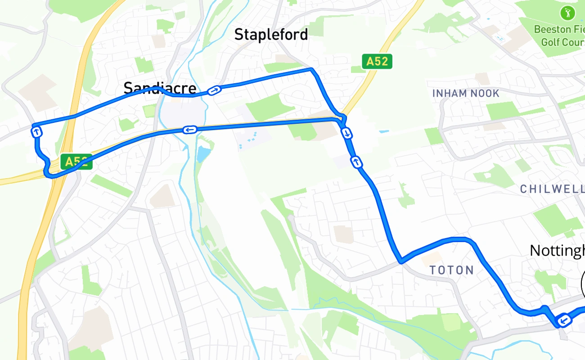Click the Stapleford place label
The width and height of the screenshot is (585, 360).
tap(271, 35)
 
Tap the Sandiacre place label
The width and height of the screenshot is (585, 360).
tap(160, 88)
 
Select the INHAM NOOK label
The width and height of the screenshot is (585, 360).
tap(466, 94)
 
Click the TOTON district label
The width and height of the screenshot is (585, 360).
tap(451, 270)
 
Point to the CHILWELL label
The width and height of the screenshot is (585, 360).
tap(552, 189)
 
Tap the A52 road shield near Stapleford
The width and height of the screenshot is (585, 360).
tap(377, 62)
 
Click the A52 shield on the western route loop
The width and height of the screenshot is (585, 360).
tap(76, 162)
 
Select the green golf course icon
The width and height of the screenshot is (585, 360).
tap(567, 13)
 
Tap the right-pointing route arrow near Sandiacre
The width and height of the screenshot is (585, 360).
tap(214, 90)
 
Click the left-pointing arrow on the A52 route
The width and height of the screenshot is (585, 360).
tap(189, 130)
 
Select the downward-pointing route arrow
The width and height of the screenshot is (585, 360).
tap(347, 133)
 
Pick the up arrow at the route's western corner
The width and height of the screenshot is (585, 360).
tap(36, 132)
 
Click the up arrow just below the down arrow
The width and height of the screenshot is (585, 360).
tap(356, 162)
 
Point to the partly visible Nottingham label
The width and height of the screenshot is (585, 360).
tap(557, 250)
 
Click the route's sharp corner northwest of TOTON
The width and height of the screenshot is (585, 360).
tap(400, 261)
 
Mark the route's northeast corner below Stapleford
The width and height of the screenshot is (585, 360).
tap(311, 69)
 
